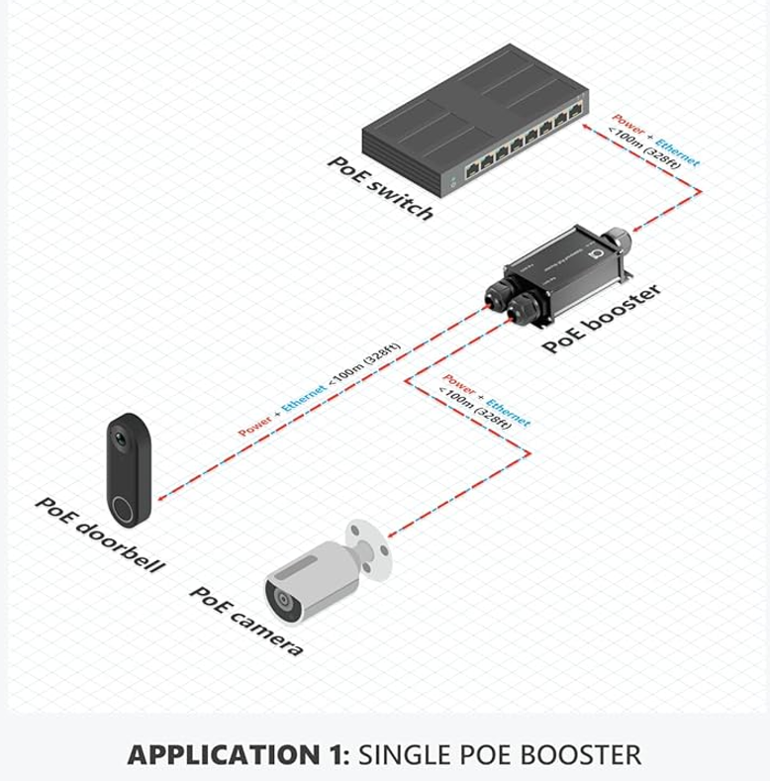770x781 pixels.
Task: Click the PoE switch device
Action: click(475, 119)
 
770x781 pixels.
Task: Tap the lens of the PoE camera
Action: click(283, 600)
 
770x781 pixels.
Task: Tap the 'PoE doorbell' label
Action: click(99, 535)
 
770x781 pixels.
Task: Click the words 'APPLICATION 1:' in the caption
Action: click(238, 755)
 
